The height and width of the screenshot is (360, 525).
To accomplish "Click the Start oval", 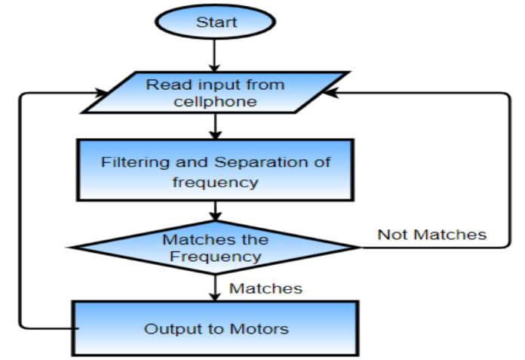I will tap(216, 22).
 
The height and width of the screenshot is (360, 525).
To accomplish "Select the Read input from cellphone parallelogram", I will tap(216, 92).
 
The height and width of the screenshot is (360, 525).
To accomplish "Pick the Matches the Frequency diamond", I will tap(216, 248).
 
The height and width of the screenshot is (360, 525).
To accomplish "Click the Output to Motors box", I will tap(216, 329).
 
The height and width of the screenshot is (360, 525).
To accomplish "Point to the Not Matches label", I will tap(432, 235).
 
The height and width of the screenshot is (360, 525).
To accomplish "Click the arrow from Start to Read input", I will tap(216, 54).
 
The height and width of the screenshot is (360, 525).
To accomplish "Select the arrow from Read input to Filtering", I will tap(216, 125).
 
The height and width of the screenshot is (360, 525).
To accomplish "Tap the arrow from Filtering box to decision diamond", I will tap(216, 211).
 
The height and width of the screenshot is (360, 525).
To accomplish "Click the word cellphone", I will tap(216, 101).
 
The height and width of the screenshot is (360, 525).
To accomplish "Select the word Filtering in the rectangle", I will tap(129, 162).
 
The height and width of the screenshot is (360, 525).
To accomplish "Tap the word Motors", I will tap(259, 329).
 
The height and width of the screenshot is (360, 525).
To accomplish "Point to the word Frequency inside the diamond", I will tap(216, 257).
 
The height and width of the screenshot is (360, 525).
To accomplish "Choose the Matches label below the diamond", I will tap(266, 288).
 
